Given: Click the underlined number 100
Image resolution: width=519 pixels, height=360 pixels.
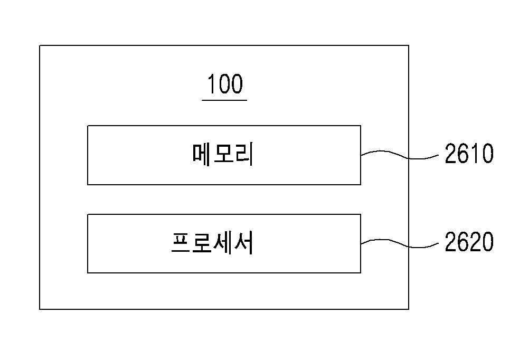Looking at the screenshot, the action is click(225, 84).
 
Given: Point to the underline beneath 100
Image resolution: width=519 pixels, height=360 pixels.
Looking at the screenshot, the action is click(224, 100).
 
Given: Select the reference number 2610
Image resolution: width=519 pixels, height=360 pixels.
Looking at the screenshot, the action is click(469, 154).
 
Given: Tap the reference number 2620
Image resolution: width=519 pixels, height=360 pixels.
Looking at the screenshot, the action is click(469, 242).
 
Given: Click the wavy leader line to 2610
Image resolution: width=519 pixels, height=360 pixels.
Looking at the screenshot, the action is click(400, 155).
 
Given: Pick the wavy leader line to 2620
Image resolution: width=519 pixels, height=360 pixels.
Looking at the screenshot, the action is click(400, 243).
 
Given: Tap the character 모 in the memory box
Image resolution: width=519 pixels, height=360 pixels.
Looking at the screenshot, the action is click(223, 154).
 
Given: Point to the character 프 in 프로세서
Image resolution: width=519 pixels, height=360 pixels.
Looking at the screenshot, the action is click(181, 243).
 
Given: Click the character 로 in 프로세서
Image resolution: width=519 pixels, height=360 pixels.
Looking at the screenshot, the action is click(202, 243).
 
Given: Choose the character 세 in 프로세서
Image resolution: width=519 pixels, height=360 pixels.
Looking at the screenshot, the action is click(221, 243).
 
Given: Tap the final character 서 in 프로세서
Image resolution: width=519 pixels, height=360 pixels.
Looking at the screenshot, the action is click(243, 243).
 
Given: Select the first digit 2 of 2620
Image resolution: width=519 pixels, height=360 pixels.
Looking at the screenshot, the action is click(451, 242).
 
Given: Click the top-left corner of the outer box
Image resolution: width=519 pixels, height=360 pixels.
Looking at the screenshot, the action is click(40, 45).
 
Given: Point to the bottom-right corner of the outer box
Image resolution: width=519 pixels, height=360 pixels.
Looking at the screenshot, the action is click(409, 309).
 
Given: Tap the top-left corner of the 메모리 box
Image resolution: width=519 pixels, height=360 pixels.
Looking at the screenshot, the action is click(88, 126).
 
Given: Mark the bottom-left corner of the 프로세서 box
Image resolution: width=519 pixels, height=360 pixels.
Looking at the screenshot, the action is click(88, 273).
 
